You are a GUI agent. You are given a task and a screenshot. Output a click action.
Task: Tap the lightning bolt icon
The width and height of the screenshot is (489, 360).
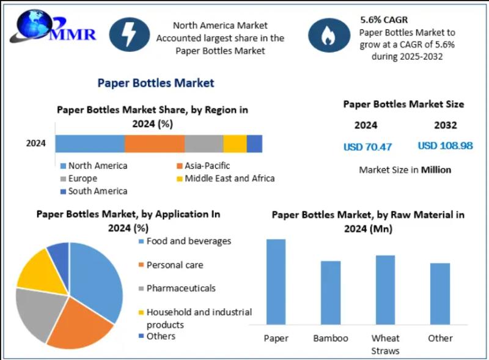[130, 34]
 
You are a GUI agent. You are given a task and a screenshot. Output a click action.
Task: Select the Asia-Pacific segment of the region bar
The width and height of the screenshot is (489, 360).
[155, 144]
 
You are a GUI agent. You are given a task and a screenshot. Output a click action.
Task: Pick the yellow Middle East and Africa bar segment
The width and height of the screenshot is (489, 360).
[235, 144]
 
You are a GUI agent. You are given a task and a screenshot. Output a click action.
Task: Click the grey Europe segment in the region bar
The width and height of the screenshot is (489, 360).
[204, 144]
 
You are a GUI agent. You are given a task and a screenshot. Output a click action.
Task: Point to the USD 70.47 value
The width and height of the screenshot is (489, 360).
[367, 147]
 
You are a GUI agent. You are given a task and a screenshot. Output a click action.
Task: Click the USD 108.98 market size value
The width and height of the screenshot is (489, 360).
[445, 146]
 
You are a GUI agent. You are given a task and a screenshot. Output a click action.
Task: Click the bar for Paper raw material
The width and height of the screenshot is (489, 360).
[276, 281]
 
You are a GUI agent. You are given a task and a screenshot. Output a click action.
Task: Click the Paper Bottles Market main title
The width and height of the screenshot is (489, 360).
[156, 83]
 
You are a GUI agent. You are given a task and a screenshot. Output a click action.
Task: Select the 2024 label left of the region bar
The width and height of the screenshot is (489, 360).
[36, 144]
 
